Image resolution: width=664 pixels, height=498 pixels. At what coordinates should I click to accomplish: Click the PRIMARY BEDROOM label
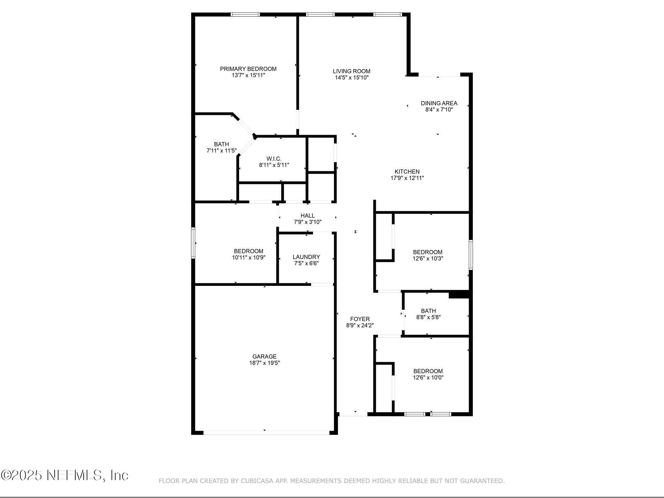[248, 69]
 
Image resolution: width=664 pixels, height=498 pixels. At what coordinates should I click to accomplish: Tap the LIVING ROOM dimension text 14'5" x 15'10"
[352, 78]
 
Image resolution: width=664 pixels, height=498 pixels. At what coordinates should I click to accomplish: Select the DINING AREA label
[439, 103]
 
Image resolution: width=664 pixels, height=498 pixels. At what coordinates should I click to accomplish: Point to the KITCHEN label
[407, 172]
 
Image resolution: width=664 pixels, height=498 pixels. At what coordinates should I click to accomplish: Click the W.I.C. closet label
[274, 159]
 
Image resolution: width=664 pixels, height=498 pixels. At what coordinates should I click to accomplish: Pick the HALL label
[307, 216]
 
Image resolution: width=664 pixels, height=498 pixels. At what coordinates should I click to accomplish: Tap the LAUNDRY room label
[306, 257]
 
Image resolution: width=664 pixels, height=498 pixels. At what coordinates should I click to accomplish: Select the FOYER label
[360, 319]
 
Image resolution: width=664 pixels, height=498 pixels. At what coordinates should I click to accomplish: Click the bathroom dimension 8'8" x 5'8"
[428, 317]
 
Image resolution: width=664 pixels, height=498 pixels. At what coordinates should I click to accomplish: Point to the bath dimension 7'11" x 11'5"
[221, 151]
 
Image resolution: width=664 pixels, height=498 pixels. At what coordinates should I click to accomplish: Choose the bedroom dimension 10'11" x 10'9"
[248, 258]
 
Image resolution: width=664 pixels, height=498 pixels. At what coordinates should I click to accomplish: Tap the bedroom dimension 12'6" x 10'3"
[428, 259]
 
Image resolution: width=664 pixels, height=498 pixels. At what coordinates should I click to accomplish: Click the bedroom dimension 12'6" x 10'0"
[428, 377]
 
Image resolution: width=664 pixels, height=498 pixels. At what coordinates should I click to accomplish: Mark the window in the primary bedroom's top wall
[245, 15]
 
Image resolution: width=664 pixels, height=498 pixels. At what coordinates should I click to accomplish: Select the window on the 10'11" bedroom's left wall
[193, 243]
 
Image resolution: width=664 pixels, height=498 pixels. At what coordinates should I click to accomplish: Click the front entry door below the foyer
[353, 414]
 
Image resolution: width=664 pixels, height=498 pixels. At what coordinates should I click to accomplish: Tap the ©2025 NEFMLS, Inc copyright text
[64, 475]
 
